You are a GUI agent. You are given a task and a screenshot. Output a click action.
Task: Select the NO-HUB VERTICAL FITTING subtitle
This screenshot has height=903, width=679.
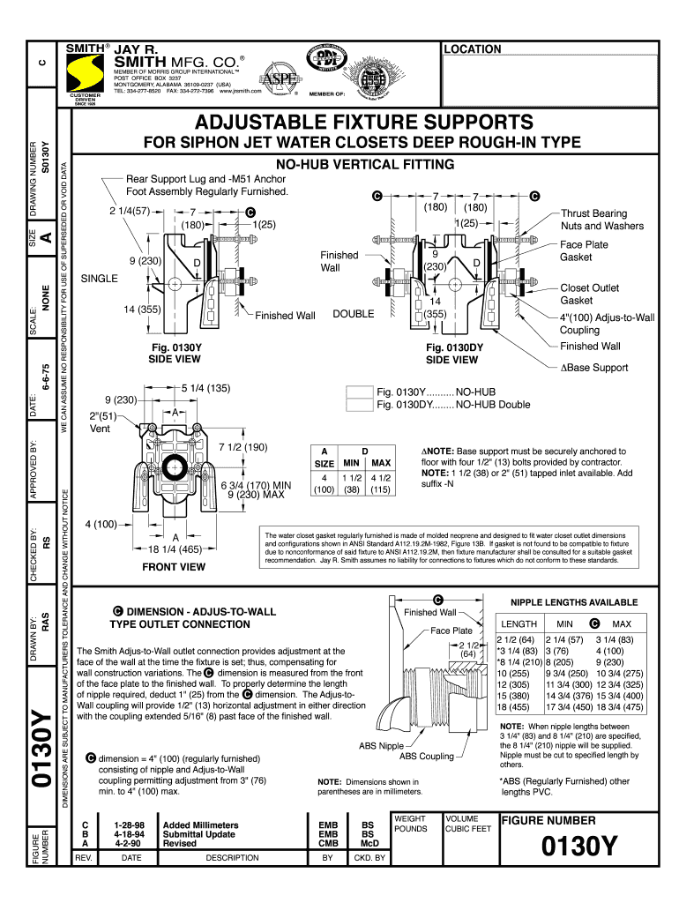[x=365, y=165]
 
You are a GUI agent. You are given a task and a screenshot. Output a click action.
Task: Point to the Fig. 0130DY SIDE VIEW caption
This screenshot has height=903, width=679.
[x=452, y=354]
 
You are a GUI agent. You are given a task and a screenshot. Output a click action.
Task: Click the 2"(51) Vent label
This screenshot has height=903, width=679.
[x=104, y=422]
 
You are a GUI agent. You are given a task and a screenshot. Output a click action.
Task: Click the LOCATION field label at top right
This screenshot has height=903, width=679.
[x=473, y=49]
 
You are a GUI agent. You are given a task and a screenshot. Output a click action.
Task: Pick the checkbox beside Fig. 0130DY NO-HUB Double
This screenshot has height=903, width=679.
[x=360, y=405]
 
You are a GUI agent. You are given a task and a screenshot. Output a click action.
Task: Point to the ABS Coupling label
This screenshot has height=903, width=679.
[x=427, y=756]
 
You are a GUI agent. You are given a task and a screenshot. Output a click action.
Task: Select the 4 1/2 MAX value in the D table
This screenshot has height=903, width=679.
[x=381, y=479]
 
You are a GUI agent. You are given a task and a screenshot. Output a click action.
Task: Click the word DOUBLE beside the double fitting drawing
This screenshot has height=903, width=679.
[x=353, y=314]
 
